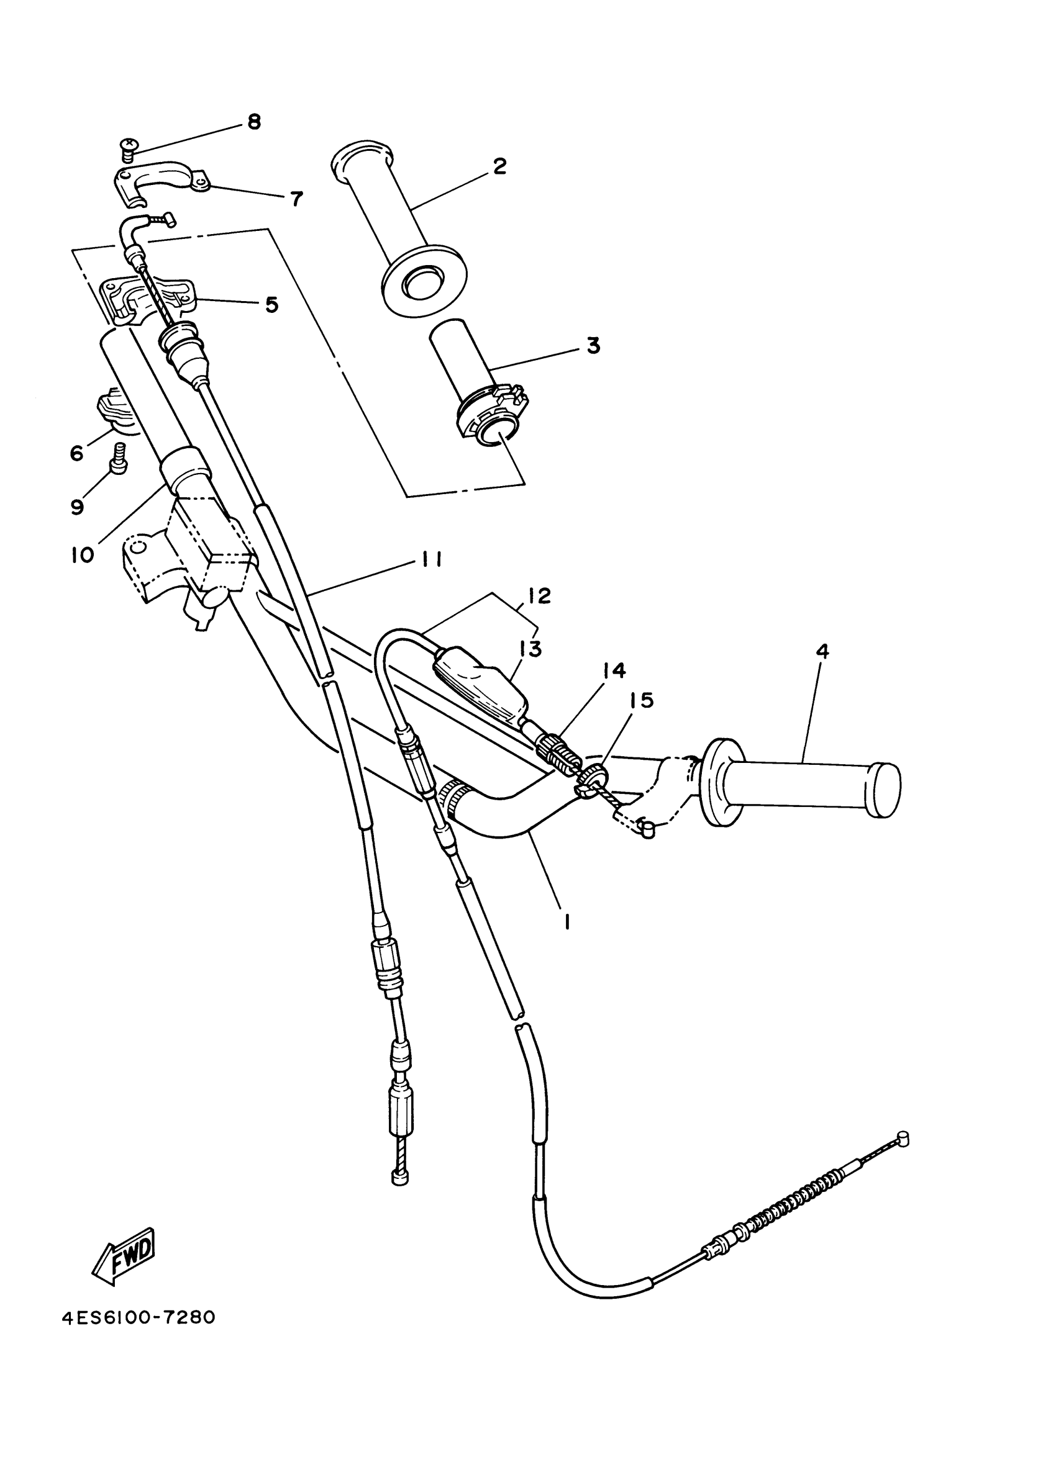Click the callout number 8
coord(255,122)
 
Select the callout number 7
coord(296,199)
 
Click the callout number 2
coord(499,166)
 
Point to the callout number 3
coord(593,345)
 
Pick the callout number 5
coord(272,305)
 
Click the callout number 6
coord(76,454)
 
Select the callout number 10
coord(82,554)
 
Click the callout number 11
coord(431,561)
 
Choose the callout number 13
coord(531,649)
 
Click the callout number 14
coord(614,670)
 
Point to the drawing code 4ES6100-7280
coord(138,1317)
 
